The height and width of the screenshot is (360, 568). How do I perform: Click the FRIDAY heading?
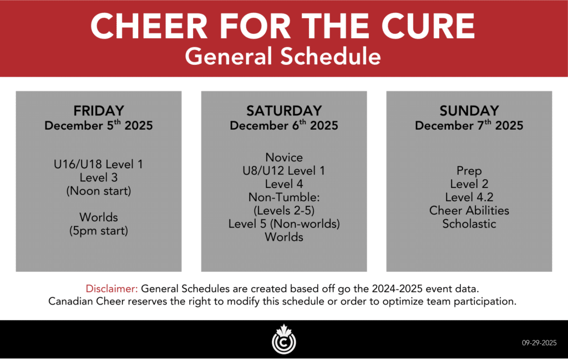click(99, 110)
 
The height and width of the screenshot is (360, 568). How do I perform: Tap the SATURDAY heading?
click(284, 110)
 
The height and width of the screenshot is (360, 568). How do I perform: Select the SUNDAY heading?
click(469, 110)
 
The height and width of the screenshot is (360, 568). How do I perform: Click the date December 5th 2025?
click(99, 125)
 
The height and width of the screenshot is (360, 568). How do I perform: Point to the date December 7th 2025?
click(469, 125)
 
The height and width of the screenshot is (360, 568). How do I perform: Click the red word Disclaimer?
click(111, 288)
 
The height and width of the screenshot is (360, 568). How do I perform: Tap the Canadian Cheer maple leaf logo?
click(284, 339)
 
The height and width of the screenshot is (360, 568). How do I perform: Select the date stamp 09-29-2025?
click(539, 343)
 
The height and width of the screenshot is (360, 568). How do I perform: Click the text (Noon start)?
click(99, 191)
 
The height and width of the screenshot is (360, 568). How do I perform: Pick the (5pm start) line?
click(99, 231)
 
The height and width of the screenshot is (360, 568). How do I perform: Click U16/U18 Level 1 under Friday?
click(99, 164)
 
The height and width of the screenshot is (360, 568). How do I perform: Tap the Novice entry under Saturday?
click(284, 157)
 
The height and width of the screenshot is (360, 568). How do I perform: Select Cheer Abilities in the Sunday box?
click(469, 210)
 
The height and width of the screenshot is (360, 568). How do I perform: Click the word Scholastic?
click(469, 224)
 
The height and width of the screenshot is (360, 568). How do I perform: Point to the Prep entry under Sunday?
click(469, 171)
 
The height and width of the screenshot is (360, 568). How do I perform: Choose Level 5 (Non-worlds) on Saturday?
click(284, 224)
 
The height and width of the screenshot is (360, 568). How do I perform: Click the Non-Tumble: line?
click(284, 197)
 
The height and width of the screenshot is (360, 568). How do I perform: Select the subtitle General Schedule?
click(283, 57)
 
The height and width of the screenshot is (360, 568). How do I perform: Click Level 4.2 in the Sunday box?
click(469, 197)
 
